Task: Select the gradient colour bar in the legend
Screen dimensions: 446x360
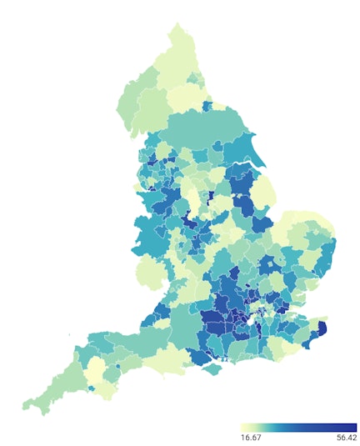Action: click(x=297, y=426)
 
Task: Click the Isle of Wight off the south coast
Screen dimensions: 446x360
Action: click(x=218, y=368)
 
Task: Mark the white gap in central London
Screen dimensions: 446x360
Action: click(x=247, y=318)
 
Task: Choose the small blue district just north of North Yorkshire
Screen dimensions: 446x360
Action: click(x=207, y=106)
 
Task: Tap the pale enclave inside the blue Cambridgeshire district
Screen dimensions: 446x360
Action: click(x=272, y=264)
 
